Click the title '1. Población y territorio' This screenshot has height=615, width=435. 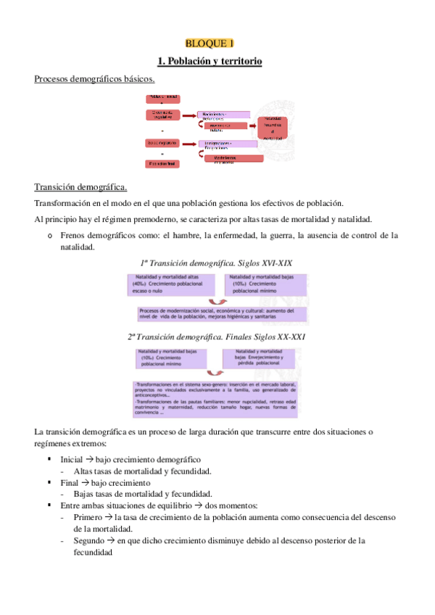tap(210, 62)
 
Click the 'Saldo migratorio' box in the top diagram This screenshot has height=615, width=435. tap(162, 143)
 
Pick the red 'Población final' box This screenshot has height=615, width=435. tap(162, 164)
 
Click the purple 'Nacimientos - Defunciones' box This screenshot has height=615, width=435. tap(224, 115)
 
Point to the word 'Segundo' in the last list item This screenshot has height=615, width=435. tap(88, 540)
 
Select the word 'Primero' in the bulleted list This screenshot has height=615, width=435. tap(88, 517)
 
